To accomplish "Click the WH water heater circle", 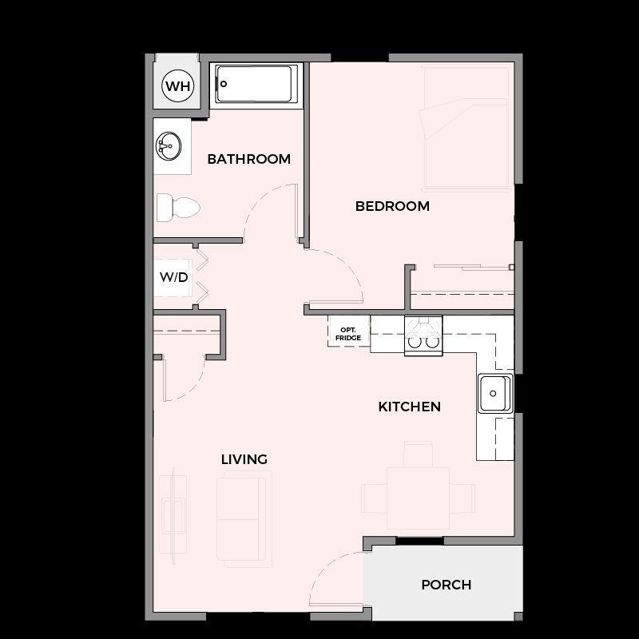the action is [177, 86].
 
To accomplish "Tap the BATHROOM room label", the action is [249, 159].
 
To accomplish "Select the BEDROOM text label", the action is [392, 206].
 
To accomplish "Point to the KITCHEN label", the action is [410, 407].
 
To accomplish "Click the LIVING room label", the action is [244, 459].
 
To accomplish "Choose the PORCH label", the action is [447, 585].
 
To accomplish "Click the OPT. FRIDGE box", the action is [348, 331].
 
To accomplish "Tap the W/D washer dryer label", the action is [173, 277].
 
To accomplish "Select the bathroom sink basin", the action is [169, 146].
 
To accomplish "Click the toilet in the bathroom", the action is [178, 208].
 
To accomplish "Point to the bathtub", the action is [256, 85].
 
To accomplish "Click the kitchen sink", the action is [495, 393].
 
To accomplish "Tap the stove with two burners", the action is [423, 335].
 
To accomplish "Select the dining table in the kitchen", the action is [418, 498].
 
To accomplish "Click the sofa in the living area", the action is [244, 518].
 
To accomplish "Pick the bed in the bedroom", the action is [466, 129].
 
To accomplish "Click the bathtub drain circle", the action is [224, 85].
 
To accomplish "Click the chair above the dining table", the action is [418, 454].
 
